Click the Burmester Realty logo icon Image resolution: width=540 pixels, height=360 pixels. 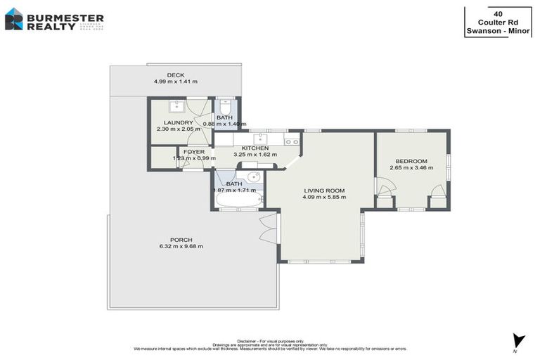click(14, 19)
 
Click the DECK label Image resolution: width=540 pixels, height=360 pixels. click(175, 75)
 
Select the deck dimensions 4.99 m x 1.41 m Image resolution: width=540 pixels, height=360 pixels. click(175, 82)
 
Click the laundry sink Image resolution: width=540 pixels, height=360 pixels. click(176, 106)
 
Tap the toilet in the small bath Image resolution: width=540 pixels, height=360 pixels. click(224, 105)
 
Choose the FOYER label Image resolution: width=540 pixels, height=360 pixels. click(193, 151)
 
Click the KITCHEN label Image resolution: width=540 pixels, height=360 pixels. click(255, 148)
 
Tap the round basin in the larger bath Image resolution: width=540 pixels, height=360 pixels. click(253, 176)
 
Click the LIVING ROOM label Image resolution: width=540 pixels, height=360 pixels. click(324, 191)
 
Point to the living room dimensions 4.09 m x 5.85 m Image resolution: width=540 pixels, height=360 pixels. click(324, 198)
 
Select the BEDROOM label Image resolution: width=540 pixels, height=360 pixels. click(411, 161)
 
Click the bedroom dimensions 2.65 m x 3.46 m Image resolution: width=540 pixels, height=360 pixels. click(411, 168)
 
